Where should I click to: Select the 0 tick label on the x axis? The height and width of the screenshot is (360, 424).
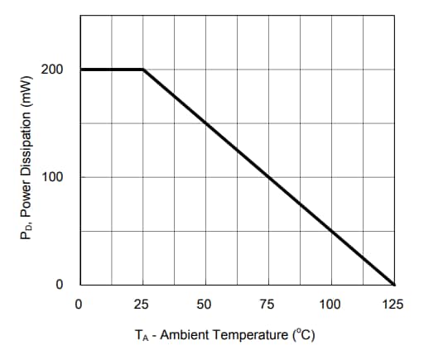[79, 305]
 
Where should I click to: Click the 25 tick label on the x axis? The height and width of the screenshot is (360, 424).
[142, 305]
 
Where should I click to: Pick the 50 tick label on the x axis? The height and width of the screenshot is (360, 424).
[205, 305]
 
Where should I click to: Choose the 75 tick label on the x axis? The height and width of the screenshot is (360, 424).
[267, 305]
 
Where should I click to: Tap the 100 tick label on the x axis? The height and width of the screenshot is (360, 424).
[330, 305]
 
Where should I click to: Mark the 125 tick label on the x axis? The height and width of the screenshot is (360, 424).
[393, 305]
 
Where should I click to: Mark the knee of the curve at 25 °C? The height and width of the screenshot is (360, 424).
[143, 70]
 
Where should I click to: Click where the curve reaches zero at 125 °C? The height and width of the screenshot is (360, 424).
[394, 284]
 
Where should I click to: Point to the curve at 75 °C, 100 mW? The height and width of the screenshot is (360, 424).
[268, 177]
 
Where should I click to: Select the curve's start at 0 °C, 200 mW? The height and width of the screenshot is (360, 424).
[81, 70]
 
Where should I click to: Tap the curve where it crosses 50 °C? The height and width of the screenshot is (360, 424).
[205, 123]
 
